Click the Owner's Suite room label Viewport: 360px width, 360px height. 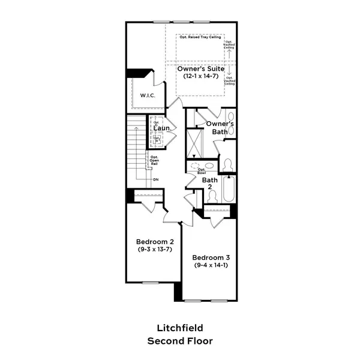pos(200,69)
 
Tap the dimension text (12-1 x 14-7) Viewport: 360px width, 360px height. pos(200,77)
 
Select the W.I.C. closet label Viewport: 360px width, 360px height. pos(148,96)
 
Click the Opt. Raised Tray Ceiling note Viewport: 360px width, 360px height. pos(200,37)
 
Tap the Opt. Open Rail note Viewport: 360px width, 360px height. pos(154,161)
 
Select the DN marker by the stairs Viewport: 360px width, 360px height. pos(155,179)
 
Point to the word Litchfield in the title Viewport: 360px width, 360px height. pos(180,328)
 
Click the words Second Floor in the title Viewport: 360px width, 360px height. pos(180,340)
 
